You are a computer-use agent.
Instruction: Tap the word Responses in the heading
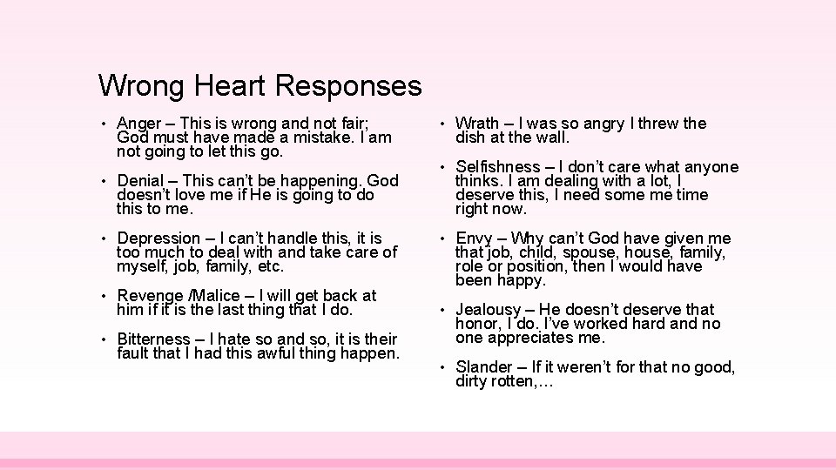coord(348,87)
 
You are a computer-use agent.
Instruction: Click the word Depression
coord(158,238)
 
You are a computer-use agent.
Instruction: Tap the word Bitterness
coord(153,339)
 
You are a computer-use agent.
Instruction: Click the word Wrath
coord(477,124)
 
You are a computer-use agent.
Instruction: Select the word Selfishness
coord(498,166)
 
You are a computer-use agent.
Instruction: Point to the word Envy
coord(475,238)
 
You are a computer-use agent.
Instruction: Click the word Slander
coord(484,366)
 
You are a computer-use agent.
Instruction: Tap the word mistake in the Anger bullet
coord(340,138)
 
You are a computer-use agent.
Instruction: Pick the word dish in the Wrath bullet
coord(470,138)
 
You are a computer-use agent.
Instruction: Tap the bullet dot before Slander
coord(442,367)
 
